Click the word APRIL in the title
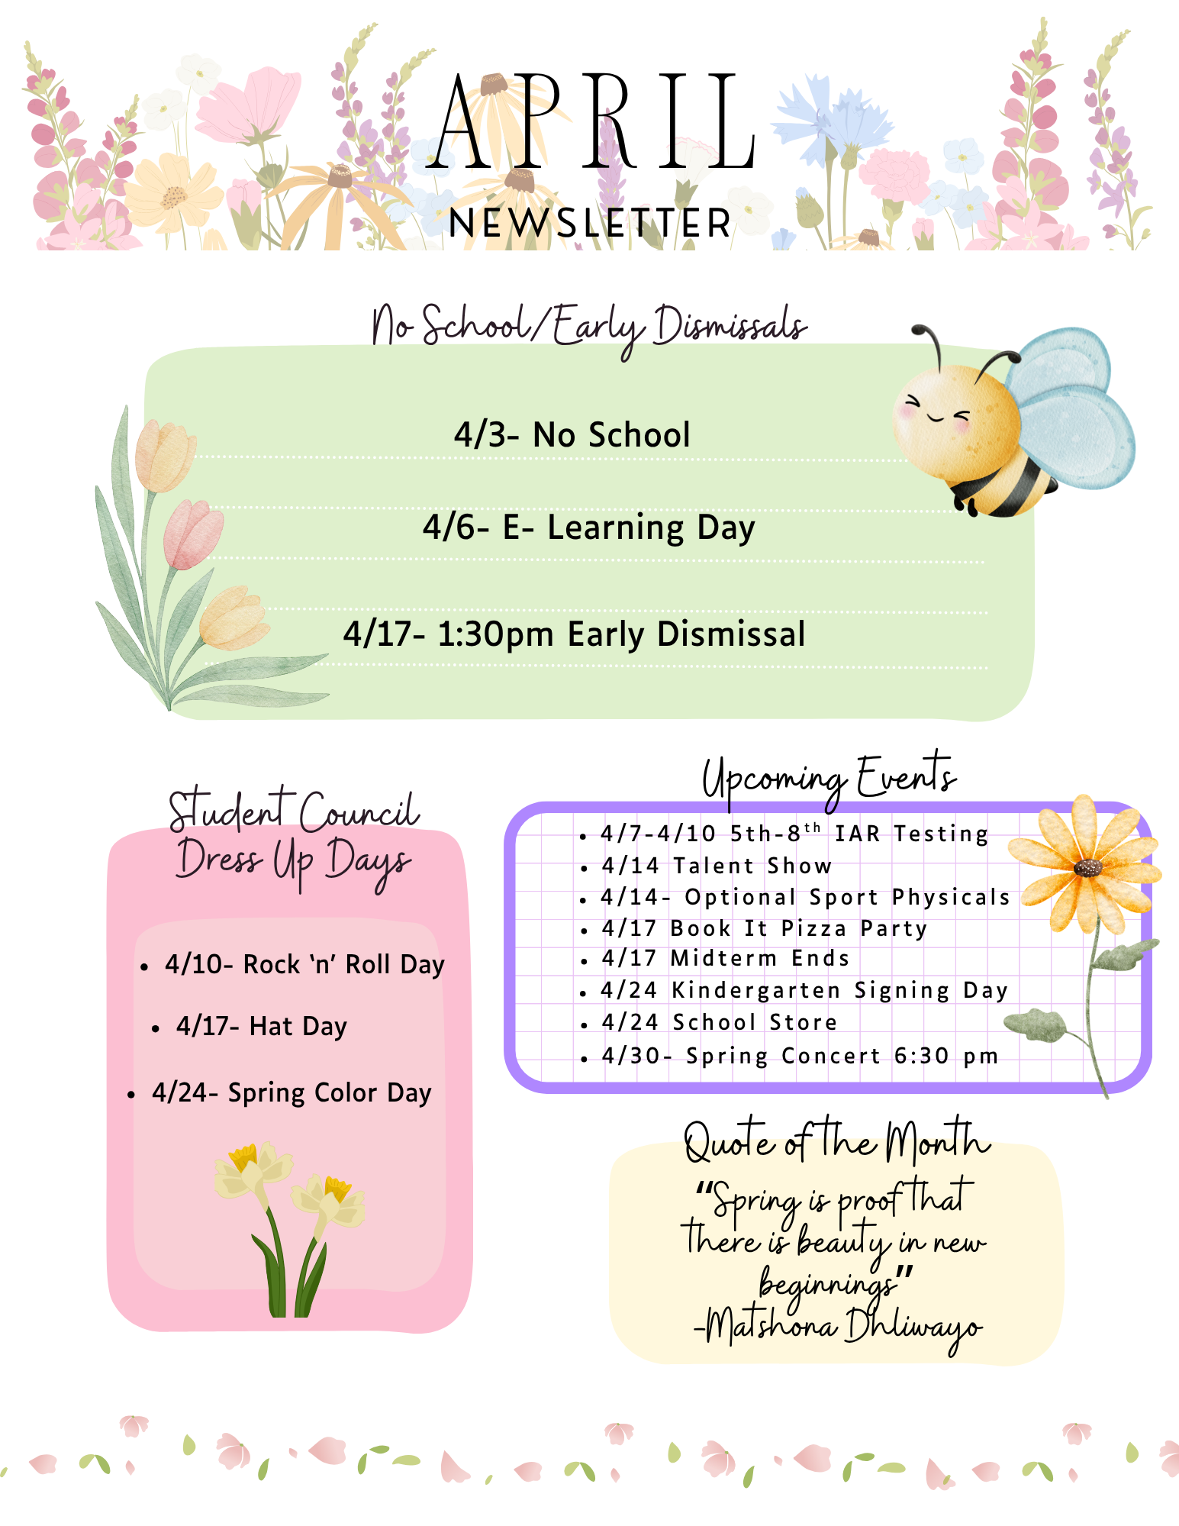click(x=591, y=122)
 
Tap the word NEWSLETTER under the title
click(x=590, y=224)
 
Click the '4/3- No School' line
click(x=572, y=435)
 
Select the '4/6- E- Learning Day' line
click(x=588, y=527)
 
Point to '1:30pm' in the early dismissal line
click(x=495, y=634)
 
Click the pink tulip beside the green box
click(x=192, y=534)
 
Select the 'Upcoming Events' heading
click(x=829, y=779)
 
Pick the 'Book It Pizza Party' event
click(x=798, y=928)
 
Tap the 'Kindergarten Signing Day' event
click(x=839, y=990)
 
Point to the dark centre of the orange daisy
click(x=1087, y=868)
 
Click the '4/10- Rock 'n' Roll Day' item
click(x=304, y=965)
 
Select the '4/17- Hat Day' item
click(x=261, y=1027)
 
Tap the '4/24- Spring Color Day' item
click(x=292, y=1093)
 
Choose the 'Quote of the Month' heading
click(x=836, y=1143)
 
